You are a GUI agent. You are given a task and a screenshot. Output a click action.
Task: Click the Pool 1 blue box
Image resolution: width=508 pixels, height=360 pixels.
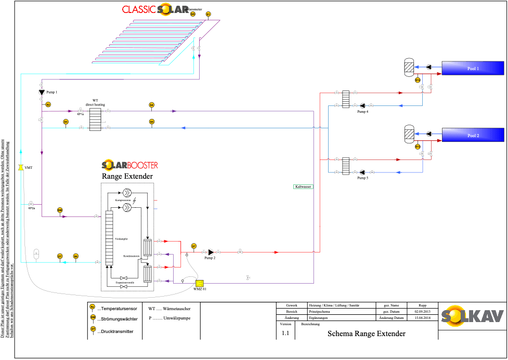473,68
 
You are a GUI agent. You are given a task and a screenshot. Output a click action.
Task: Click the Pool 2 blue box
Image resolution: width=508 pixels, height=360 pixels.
473,135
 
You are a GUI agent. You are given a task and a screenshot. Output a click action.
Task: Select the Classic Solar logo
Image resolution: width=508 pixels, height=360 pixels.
155,9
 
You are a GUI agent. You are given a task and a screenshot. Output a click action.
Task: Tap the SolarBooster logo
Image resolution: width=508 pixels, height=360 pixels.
129,166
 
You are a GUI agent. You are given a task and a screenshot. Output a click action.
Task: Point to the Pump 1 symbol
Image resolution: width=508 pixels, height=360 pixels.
42,92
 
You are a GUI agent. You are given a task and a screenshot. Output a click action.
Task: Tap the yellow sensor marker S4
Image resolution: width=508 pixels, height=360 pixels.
151,105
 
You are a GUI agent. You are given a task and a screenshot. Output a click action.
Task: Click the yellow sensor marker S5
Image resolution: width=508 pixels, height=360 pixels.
151,122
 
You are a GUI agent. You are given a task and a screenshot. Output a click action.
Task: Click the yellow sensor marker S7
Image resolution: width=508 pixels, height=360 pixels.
193,246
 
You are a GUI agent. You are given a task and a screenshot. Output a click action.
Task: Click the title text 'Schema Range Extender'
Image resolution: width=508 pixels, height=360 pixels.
366,334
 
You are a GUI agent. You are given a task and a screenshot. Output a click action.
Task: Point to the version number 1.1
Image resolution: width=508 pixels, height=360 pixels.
285,333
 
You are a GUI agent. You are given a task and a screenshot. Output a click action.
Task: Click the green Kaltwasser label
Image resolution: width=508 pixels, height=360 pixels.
303,186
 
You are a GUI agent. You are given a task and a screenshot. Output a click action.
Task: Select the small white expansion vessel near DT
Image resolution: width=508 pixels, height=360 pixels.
36,254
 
